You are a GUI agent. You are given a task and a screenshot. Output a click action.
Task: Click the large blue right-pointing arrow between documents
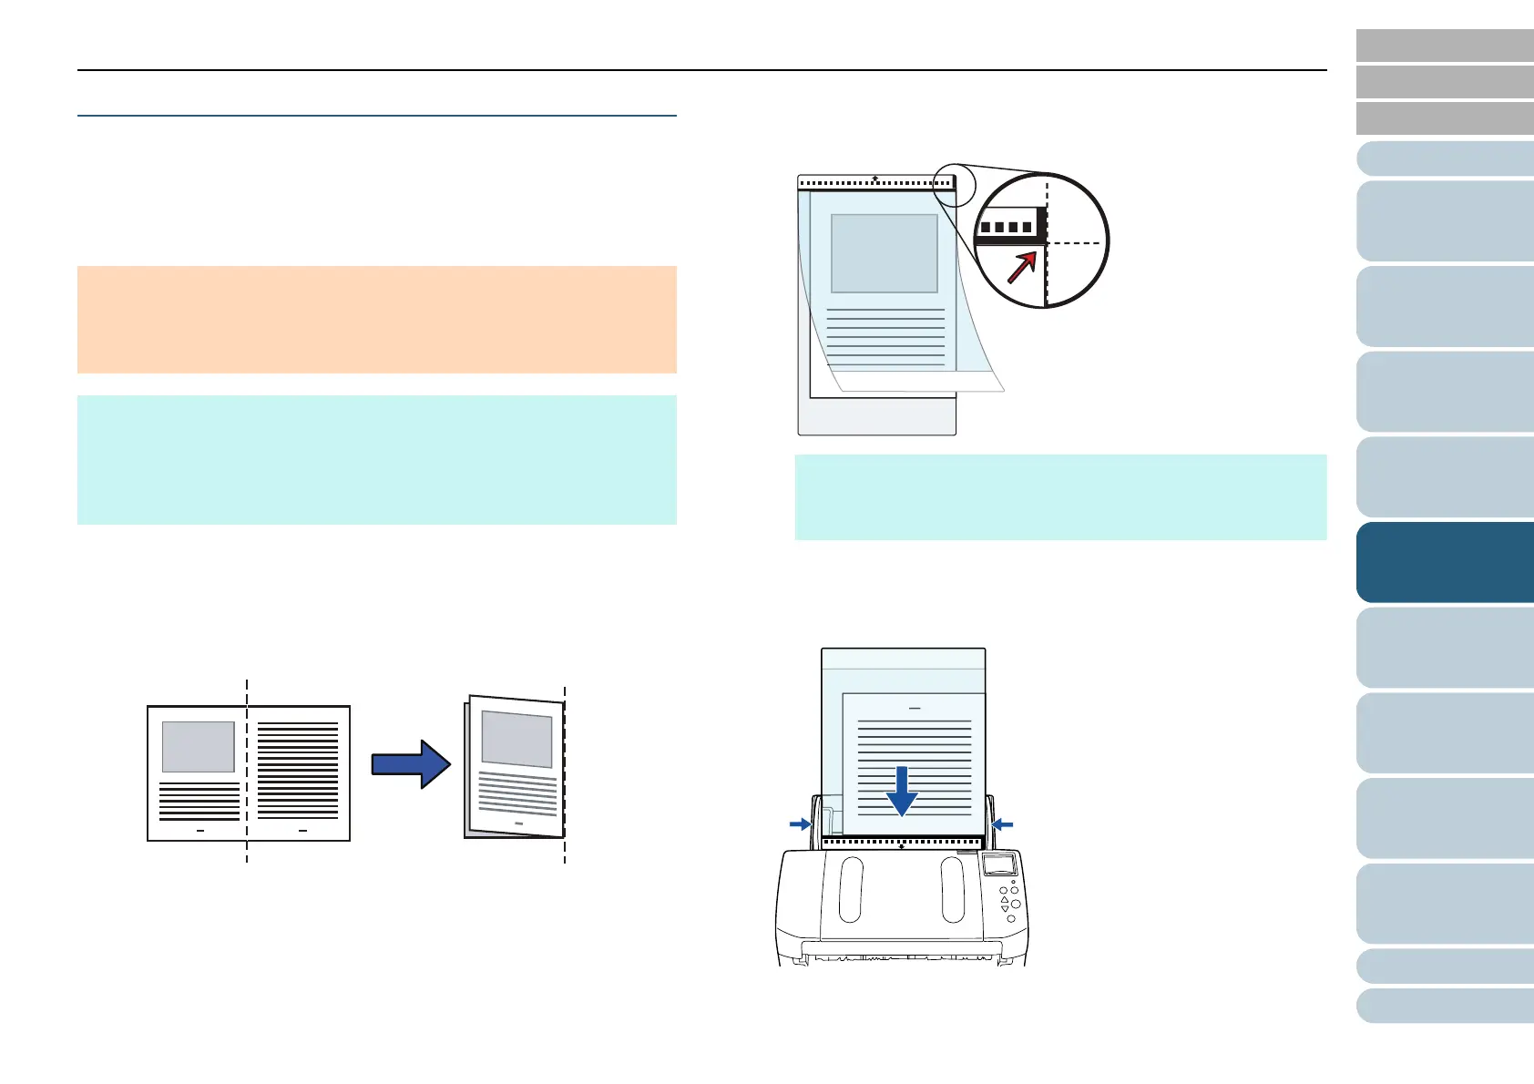pyautogui.click(x=411, y=763)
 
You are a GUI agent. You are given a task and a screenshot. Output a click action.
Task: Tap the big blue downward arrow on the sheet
pyautogui.click(x=901, y=791)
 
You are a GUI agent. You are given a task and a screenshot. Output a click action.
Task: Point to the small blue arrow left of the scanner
pyautogui.click(x=800, y=823)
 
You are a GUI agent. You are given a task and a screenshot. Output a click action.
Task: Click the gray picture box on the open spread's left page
pyautogui.click(x=198, y=746)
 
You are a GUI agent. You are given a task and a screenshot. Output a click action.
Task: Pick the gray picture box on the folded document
pyautogui.click(x=516, y=738)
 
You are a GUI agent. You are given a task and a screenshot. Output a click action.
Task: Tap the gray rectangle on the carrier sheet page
pyautogui.click(x=884, y=253)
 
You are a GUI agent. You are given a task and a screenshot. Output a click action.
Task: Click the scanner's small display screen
pyautogui.click(x=999, y=865)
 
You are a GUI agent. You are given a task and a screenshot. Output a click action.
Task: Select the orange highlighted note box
pyautogui.click(x=376, y=319)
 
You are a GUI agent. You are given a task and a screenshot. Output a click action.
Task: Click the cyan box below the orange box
pyautogui.click(x=376, y=459)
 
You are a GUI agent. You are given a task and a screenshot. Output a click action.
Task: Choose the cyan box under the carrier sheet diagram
pyautogui.click(x=1060, y=496)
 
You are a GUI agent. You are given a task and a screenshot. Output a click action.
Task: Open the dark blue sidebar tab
pyautogui.click(x=1445, y=562)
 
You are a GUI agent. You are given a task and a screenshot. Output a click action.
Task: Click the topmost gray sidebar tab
pyautogui.click(x=1445, y=45)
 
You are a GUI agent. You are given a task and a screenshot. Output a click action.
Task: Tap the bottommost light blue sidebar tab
pyautogui.click(x=1445, y=1007)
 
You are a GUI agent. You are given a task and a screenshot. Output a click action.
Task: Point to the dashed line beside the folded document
pyautogui.click(x=565, y=774)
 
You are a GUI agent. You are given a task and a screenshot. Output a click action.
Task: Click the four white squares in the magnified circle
pyautogui.click(x=1007, y=227)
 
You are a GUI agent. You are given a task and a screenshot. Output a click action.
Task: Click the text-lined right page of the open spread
pyautogui.click(x=299, y=772)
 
